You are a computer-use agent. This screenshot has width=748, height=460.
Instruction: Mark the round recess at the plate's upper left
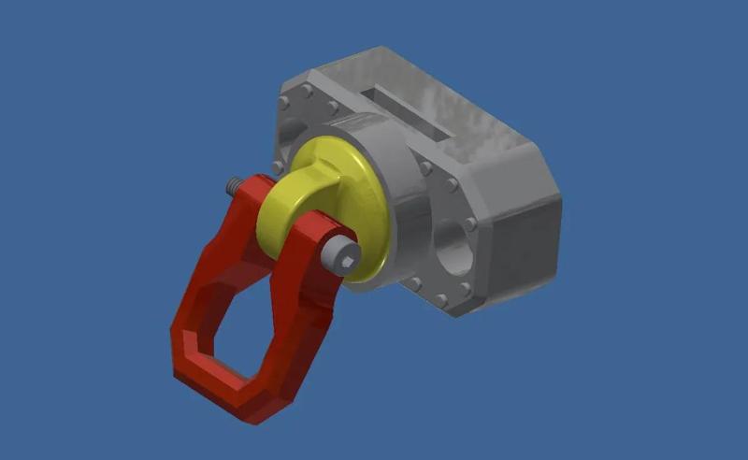[291, 131]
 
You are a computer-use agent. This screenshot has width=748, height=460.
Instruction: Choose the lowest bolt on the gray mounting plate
[440, 300]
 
